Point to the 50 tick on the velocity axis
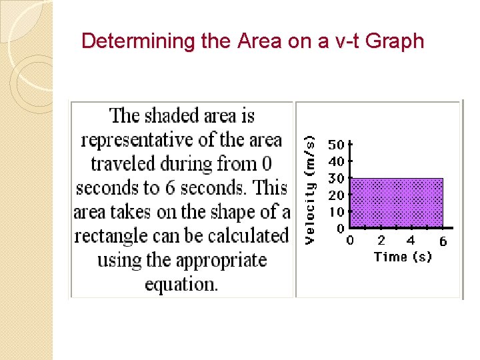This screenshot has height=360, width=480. [x=336, y=144]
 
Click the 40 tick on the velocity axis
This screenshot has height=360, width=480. [x=336, y=161]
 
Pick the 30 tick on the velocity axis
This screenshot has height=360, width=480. [x=336, y=178]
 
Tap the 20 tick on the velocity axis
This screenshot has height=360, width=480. [x=336, y=195]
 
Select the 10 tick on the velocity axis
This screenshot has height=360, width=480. [x=336, y=212]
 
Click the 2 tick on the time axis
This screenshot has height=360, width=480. [x=381, y=241]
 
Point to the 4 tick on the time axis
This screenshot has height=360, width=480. [x=411, y=241]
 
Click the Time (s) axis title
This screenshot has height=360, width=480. [x=403, y=257]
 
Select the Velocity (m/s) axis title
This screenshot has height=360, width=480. [x=310, y=189]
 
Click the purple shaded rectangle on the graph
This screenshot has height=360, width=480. [x=397, y=203]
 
